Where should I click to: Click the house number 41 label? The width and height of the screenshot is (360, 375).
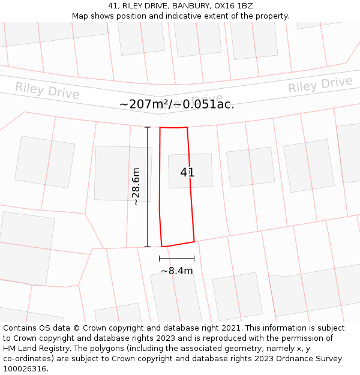pyautogui.click(x=187, y=172)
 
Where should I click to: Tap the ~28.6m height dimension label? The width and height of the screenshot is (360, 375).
pyautogui.click(x=136, y=187)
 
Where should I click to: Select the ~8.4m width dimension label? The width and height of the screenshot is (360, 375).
pyautogui.click(x=176, y=271)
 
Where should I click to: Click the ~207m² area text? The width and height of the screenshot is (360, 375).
pyautogui.click(x=143, y=104)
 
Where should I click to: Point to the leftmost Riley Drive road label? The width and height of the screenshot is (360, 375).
pyautogui.click(x=47, y=91)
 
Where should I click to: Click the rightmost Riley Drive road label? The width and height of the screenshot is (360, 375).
pyautogui.click(x=320, y=85)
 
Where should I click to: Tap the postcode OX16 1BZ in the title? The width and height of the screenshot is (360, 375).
pyautogui.click(x=233, y=6)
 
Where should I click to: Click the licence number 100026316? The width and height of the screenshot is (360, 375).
pyautogui.click(x=25, y=369)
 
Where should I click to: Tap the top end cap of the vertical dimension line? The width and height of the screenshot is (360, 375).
pyautogui.click(x=148, y=127)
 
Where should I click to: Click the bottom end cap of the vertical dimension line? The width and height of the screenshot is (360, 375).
pyautogui.click(x=148, y=247)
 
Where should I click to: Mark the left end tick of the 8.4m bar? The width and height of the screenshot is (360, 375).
pyautogui.click(x=160, y=259)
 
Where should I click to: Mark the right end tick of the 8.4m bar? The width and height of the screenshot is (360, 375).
pyautogui.click(x=194, y=259)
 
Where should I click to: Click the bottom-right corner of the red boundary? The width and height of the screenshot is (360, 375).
pyautogui.click(x=194, y=242)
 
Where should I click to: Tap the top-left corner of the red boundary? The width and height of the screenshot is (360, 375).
pyautogui.click(x=160, y=127)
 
